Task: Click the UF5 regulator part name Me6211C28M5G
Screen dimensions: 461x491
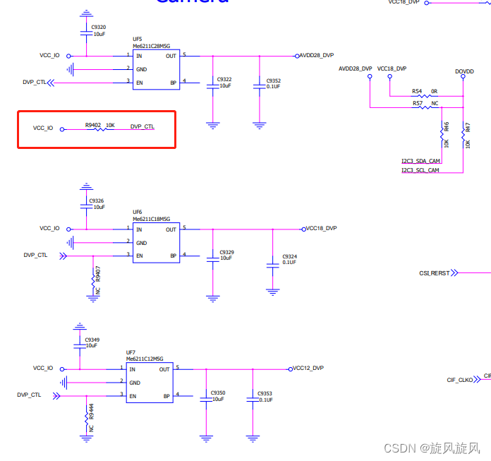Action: [152, 45]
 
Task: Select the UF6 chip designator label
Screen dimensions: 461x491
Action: [138, 212]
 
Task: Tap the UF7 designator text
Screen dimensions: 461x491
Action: [131, 352]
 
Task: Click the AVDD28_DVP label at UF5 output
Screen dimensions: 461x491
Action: [317, 55]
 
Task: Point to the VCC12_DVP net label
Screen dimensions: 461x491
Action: [308, 368]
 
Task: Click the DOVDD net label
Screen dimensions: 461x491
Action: [464, 71]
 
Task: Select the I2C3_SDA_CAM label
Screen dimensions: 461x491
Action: [420, 161]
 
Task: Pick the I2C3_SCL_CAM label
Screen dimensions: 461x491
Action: [420, 170]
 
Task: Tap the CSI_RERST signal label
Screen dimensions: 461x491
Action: [434, 273]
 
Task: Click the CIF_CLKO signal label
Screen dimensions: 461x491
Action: [460, 380]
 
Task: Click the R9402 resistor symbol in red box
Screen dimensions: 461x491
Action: [95, 129]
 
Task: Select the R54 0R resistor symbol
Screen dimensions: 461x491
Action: [424, 96]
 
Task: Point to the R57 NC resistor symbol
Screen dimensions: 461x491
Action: [424, 107]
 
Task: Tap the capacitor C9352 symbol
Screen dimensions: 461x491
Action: [260, 86]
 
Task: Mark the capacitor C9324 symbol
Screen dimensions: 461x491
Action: [273, 265]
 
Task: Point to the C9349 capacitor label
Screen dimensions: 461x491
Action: [92, 340]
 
